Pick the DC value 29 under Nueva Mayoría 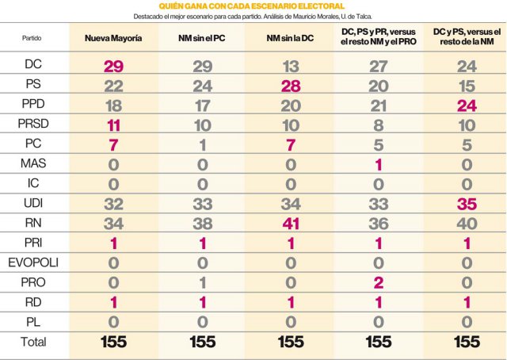[114, 65]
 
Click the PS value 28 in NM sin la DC [291, 85]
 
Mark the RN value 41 [291, 223]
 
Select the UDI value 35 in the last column [467, 203]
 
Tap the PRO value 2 [379, 282]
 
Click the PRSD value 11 [114, 124]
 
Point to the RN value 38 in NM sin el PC [203, 223]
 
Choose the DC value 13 [291, 65]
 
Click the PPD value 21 [379, 105]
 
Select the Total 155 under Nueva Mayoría [114, 342]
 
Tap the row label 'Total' [34, 342]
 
